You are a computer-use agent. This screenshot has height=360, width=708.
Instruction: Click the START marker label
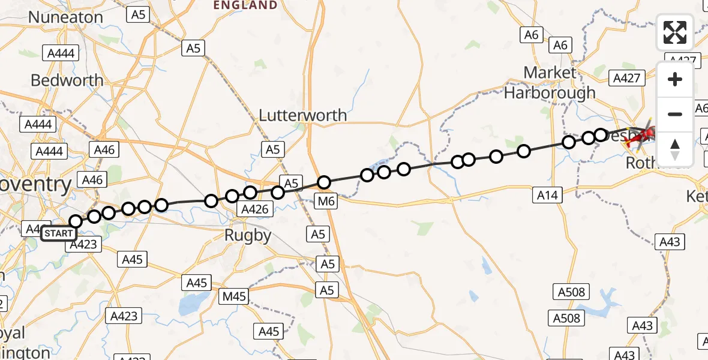(x=59, y=233)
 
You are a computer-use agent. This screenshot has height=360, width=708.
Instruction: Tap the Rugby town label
(x=248, y=236)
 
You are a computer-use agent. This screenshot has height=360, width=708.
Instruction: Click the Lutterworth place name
(x=302, y=115)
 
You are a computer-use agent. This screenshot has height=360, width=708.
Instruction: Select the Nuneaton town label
(x=65, y=17)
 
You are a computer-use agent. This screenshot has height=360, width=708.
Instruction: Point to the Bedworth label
(x=67, y=80)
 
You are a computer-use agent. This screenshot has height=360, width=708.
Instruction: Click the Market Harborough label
(x=550, y=83)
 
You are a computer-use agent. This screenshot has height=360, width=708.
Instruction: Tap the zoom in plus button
(x=675, y=79)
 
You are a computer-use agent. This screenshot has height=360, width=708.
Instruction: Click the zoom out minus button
(x=675, y=114)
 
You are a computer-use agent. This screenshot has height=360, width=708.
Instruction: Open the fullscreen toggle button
(x=675, y=32)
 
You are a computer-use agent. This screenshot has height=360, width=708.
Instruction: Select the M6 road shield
(x=326, y=202)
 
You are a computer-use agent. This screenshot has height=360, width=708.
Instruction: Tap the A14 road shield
(x=547, y=195)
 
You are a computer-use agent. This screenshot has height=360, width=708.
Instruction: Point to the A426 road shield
(x=256, y=209)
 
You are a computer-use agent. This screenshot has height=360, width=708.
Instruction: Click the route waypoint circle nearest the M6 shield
(x=324, y=182)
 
